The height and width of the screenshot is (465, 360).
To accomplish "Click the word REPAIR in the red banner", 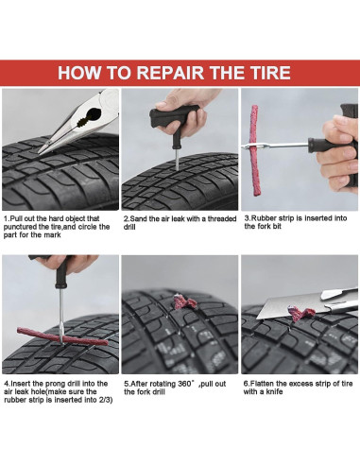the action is coord(170,73).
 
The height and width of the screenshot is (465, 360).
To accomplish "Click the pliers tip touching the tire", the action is coord(40,152).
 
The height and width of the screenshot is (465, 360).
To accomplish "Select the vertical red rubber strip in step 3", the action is coord(254,150).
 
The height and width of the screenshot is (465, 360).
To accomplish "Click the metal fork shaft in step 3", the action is coord(276,146).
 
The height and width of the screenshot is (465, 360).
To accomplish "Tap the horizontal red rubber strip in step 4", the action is coord(60,336).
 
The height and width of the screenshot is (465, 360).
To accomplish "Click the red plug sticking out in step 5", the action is coord(185,302).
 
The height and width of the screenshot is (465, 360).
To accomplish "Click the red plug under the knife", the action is coord(300,314).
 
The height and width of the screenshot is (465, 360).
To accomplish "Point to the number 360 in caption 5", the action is coord(184,384).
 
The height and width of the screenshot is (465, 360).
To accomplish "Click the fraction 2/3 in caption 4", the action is coord(106,400).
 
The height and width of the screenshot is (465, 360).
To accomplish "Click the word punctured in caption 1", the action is coord(20,227).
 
